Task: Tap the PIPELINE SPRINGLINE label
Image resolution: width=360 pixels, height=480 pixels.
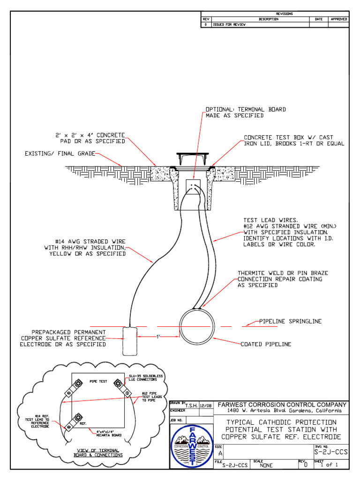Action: [291, 322]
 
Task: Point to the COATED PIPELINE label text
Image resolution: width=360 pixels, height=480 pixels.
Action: [266, 344]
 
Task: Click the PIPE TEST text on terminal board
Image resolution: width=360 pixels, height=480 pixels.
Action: [98, 382]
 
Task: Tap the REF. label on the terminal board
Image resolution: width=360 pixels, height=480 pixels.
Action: [83, 423]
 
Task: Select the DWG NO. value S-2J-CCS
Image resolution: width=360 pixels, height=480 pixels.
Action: [330, 452]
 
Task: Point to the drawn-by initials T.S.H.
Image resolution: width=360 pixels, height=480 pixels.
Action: [191, 406]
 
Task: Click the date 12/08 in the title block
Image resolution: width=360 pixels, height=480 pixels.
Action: [205, 406]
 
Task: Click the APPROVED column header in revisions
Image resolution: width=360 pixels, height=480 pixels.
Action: [339, 19]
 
